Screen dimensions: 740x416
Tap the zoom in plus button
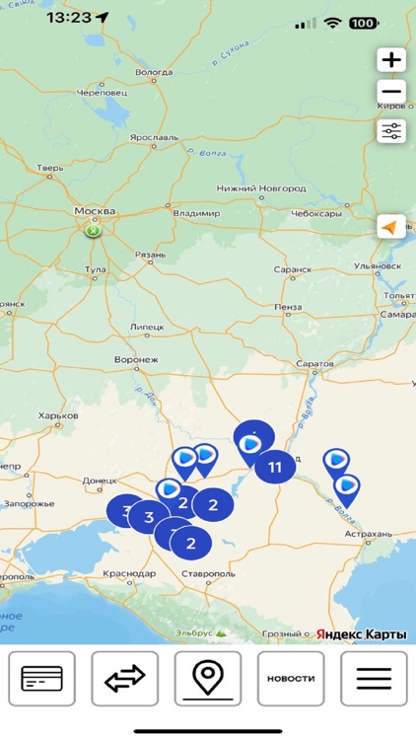click(391, 60)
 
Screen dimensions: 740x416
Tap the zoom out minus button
click(391, 94)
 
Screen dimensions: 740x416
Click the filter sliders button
click(391, 130)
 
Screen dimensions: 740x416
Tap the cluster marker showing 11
click(275, 466)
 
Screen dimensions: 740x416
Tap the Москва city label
click(95, 211)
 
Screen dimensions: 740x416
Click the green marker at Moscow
click(93, 231)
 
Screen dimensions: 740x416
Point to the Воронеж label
click(136, 360)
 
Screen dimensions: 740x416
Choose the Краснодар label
click(128, 573)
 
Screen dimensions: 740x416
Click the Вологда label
click(153, 72)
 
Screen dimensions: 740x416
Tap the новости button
click(291, 679)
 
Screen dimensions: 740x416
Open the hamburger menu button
click(374, 679)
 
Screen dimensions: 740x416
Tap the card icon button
click(41, 679)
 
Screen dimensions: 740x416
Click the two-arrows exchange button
click(124, 679)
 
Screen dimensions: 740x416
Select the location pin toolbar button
click(207, 679)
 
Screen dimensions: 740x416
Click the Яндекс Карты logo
click(361, 633)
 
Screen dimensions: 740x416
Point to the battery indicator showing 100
click(363, 22)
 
